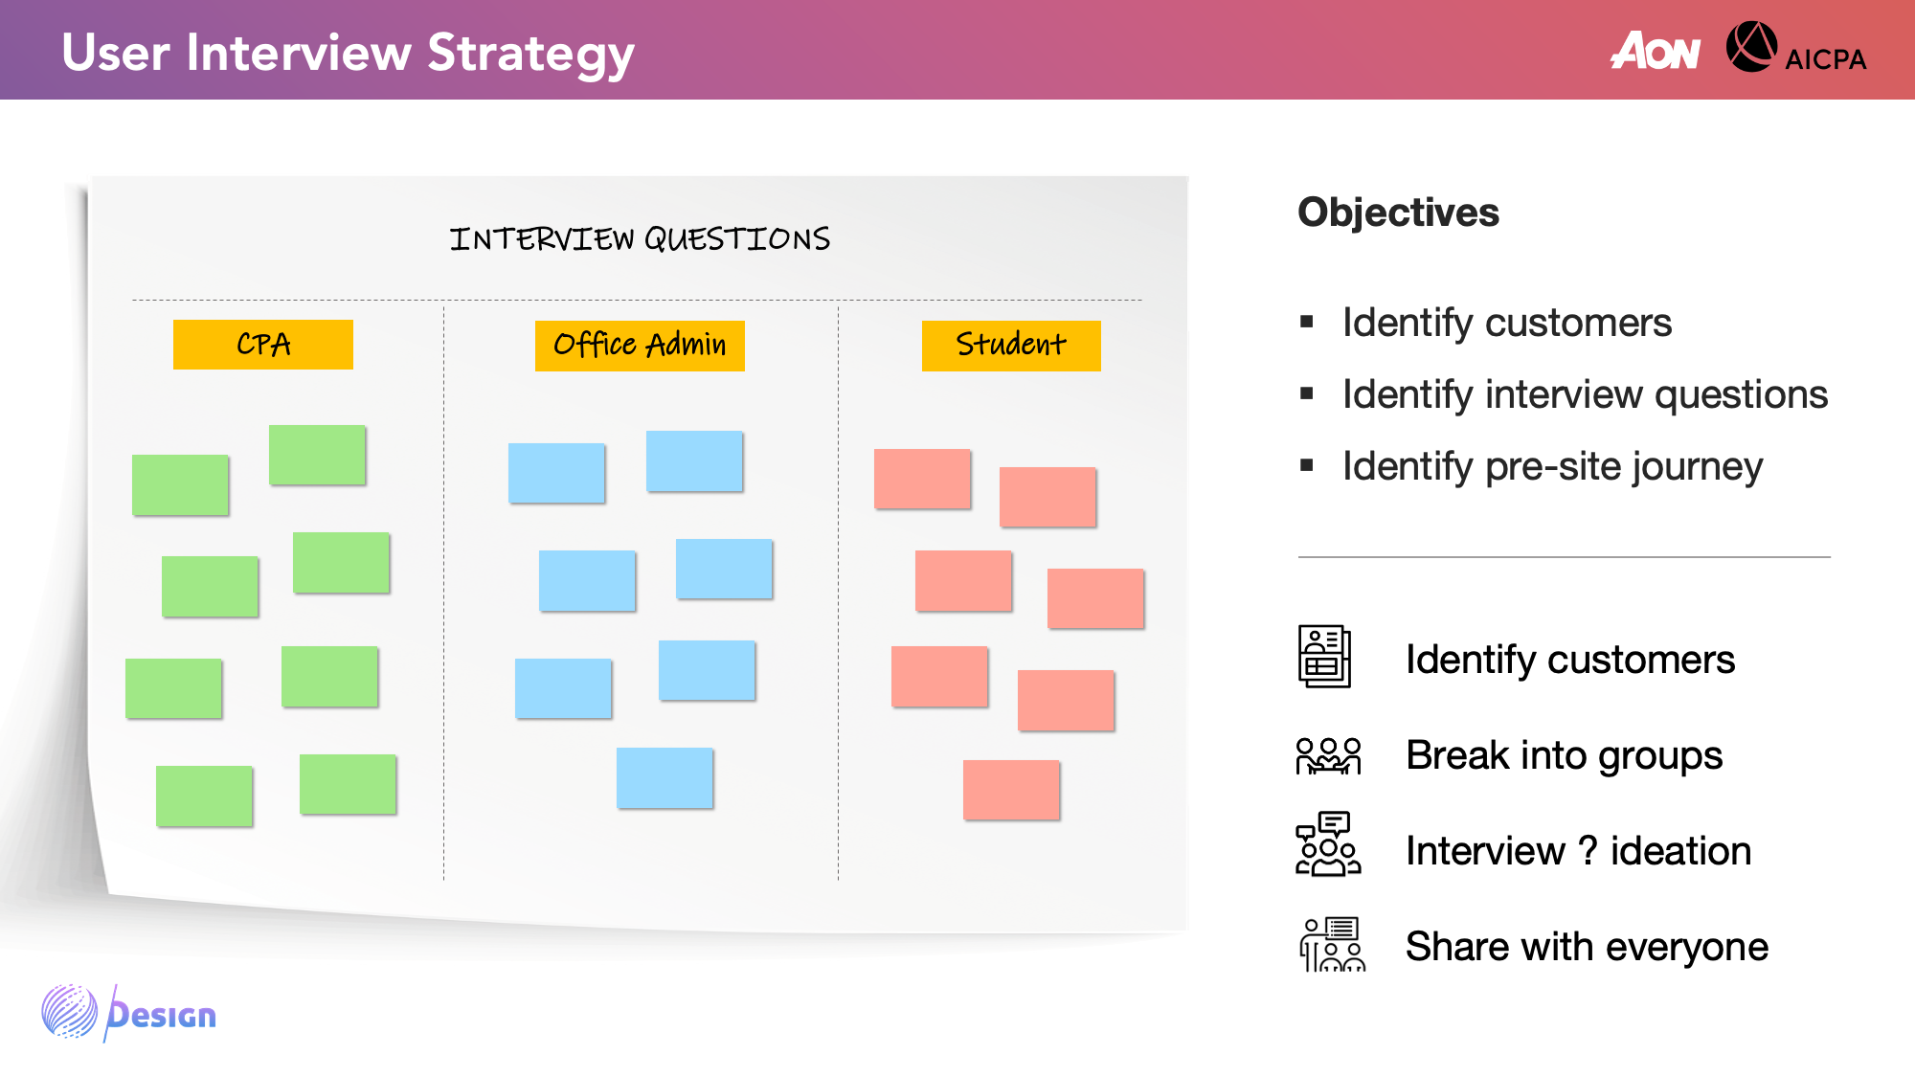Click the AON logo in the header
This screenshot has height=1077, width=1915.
coord(1656,51)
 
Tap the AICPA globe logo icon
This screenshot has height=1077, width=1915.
coord(1751,47)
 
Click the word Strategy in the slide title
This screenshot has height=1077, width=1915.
coord(530,55)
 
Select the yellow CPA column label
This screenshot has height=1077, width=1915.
coord(263,345)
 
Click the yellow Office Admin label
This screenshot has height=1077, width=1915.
coord(640,346)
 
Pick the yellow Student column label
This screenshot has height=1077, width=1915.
coord(1011,346)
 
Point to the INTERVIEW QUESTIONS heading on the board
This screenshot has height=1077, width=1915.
coord(640,238)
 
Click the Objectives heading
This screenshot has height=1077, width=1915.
coord(1398,213)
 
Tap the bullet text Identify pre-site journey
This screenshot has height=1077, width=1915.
coord(1552,467)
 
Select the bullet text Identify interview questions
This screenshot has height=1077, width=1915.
coord(1585,394)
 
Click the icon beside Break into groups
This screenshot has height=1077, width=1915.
coord(1328,755)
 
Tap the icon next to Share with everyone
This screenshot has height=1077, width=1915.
coord(1332,944)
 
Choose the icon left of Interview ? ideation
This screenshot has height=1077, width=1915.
coord(1328,844)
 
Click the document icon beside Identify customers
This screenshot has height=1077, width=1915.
coord(1324,657)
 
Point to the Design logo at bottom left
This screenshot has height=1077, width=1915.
coord(129,1013)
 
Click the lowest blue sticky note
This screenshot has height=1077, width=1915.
coord(665,778)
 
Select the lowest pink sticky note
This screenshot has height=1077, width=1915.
coord(1011,790)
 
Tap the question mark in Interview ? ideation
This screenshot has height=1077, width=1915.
coord(1587,850)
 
